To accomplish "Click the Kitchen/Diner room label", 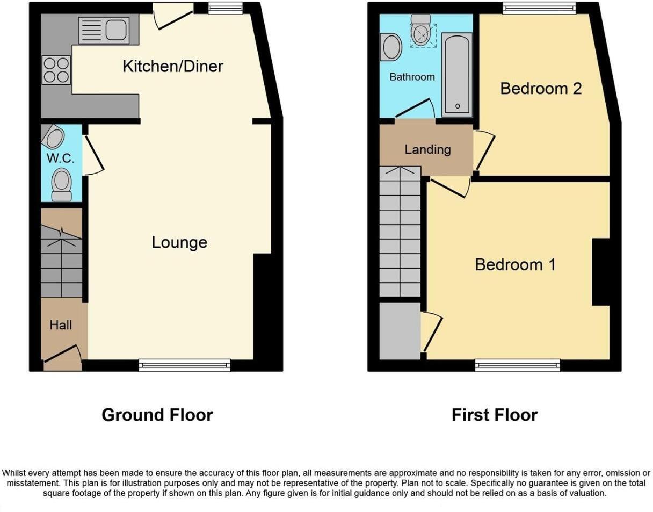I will tap(173, 67).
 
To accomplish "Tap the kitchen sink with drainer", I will tap(104, 30).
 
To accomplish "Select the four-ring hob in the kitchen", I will tap(56, 70).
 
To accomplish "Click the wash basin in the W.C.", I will tap(53, 138).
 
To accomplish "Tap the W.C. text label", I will tap(61, 158).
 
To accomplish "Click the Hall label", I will tap(61, 325).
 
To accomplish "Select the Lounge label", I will tap(179, 242).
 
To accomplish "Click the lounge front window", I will tap(184, 365).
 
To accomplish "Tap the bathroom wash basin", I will tap(391, 48).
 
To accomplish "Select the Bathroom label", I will tap(412, 77).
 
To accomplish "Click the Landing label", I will tap(427, 149).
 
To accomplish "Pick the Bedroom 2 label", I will tap(541, 89).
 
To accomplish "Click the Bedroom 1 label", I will tap(515, 265).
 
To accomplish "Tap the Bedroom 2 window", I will tap(539, 8).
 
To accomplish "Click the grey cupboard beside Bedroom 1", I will tap(400, 331).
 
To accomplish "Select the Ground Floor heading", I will tap(157, 415).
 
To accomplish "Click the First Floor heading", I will tap(494, 415).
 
